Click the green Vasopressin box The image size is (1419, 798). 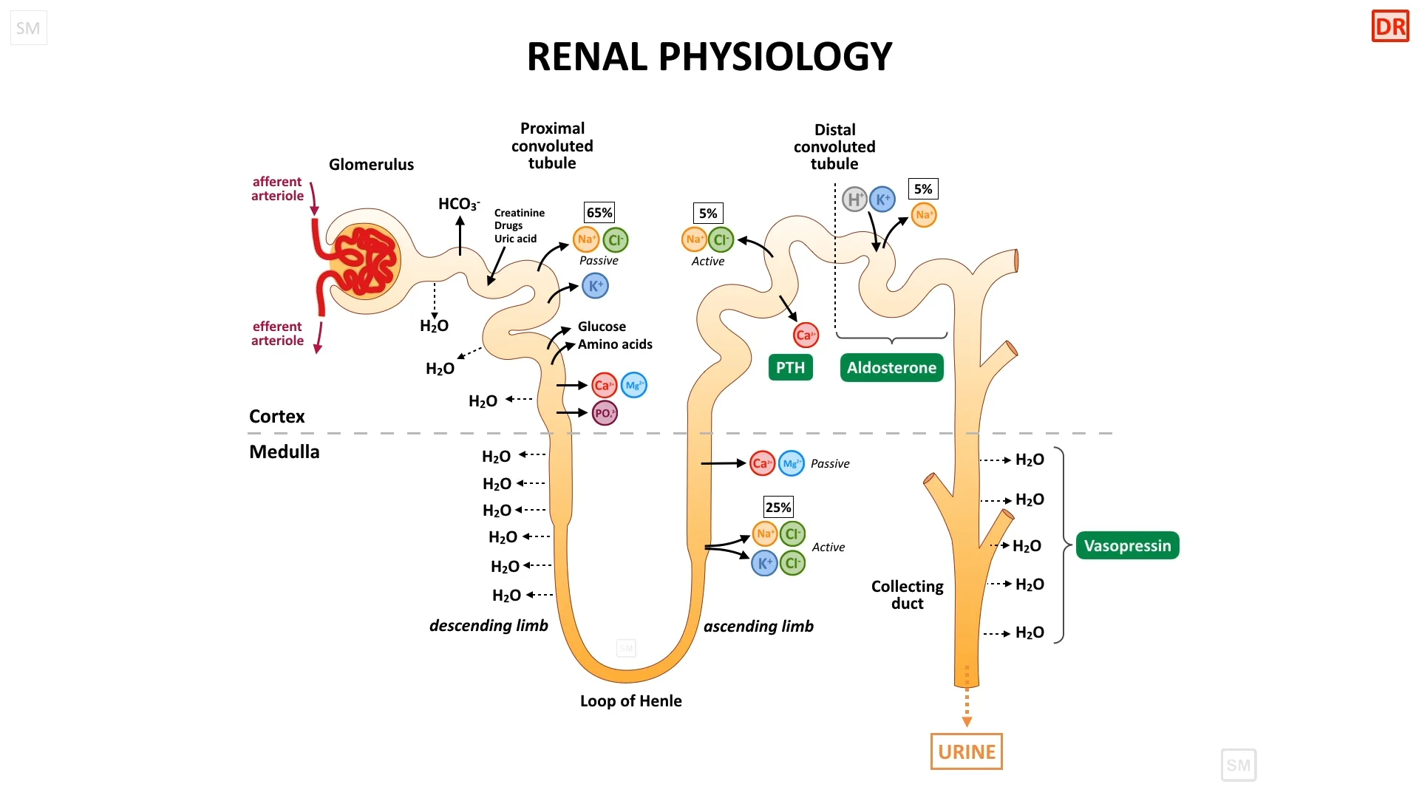click(x=1127, y=546)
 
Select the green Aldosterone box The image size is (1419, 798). click(x=891, y=368)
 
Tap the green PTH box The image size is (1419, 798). click(x=790, y=368)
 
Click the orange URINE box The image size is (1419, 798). click(x=966, y=751)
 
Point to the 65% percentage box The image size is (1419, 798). click(x=599, y=213)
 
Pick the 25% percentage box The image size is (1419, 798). click(x=778, y=508)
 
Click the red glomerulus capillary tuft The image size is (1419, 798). click(x=365, y=261)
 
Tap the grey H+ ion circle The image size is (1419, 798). click(x=854, y=199)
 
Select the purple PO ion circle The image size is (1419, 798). click(x=605, y=413)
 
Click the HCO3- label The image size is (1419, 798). click(x=458, y=204)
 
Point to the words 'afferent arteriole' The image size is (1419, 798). click(x=277, y=188)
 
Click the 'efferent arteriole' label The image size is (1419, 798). click(x=277, y=333)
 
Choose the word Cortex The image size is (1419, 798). click(x=276, y=417)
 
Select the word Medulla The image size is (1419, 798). click(x=284, y=452)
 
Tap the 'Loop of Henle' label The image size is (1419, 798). click(x=630, y=701)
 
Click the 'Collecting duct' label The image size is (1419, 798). click(x=907, y=595)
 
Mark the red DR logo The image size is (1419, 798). click(x=1390, y=27)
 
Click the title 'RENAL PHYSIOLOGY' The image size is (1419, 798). click(x=709, y=57)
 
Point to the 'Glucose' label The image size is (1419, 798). click(x=602, y=327)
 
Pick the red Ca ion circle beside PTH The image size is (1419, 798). click(x=806, y=335)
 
